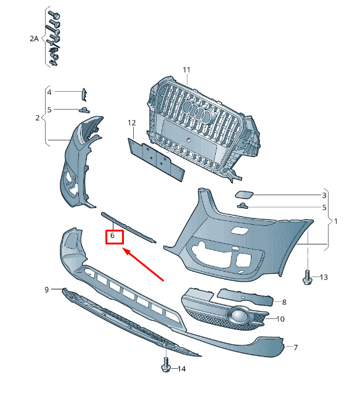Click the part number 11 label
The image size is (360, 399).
click(187, 70)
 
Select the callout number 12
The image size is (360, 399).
click(132, 123)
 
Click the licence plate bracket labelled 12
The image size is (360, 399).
click(156, 159)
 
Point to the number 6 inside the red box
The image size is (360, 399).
click(112, 236)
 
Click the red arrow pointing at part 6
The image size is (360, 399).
click(143, 265)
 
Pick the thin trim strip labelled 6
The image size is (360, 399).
click(128, 227)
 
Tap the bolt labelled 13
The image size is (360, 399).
click(307, 277)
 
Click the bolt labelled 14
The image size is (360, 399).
click(166, 365)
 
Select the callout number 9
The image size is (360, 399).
click(47, 289)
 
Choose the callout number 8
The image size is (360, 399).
click(284, 302)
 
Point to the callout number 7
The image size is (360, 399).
click(295, 347)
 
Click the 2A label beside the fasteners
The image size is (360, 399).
click(34, 39)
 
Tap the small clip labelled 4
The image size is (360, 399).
click(84, 95)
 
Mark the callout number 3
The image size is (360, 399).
click(324, 195)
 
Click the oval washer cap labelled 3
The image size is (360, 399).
click(244, 195)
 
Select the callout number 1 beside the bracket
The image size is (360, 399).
click(336, 222)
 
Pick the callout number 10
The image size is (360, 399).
click(280, 319)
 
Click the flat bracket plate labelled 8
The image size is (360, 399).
click(245, 297)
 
